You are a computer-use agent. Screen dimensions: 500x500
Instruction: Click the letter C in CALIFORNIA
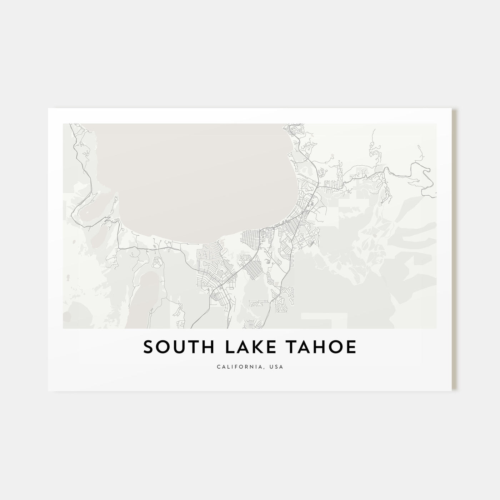pos(218,367)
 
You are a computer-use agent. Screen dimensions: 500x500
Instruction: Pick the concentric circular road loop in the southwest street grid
pos(214,296)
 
